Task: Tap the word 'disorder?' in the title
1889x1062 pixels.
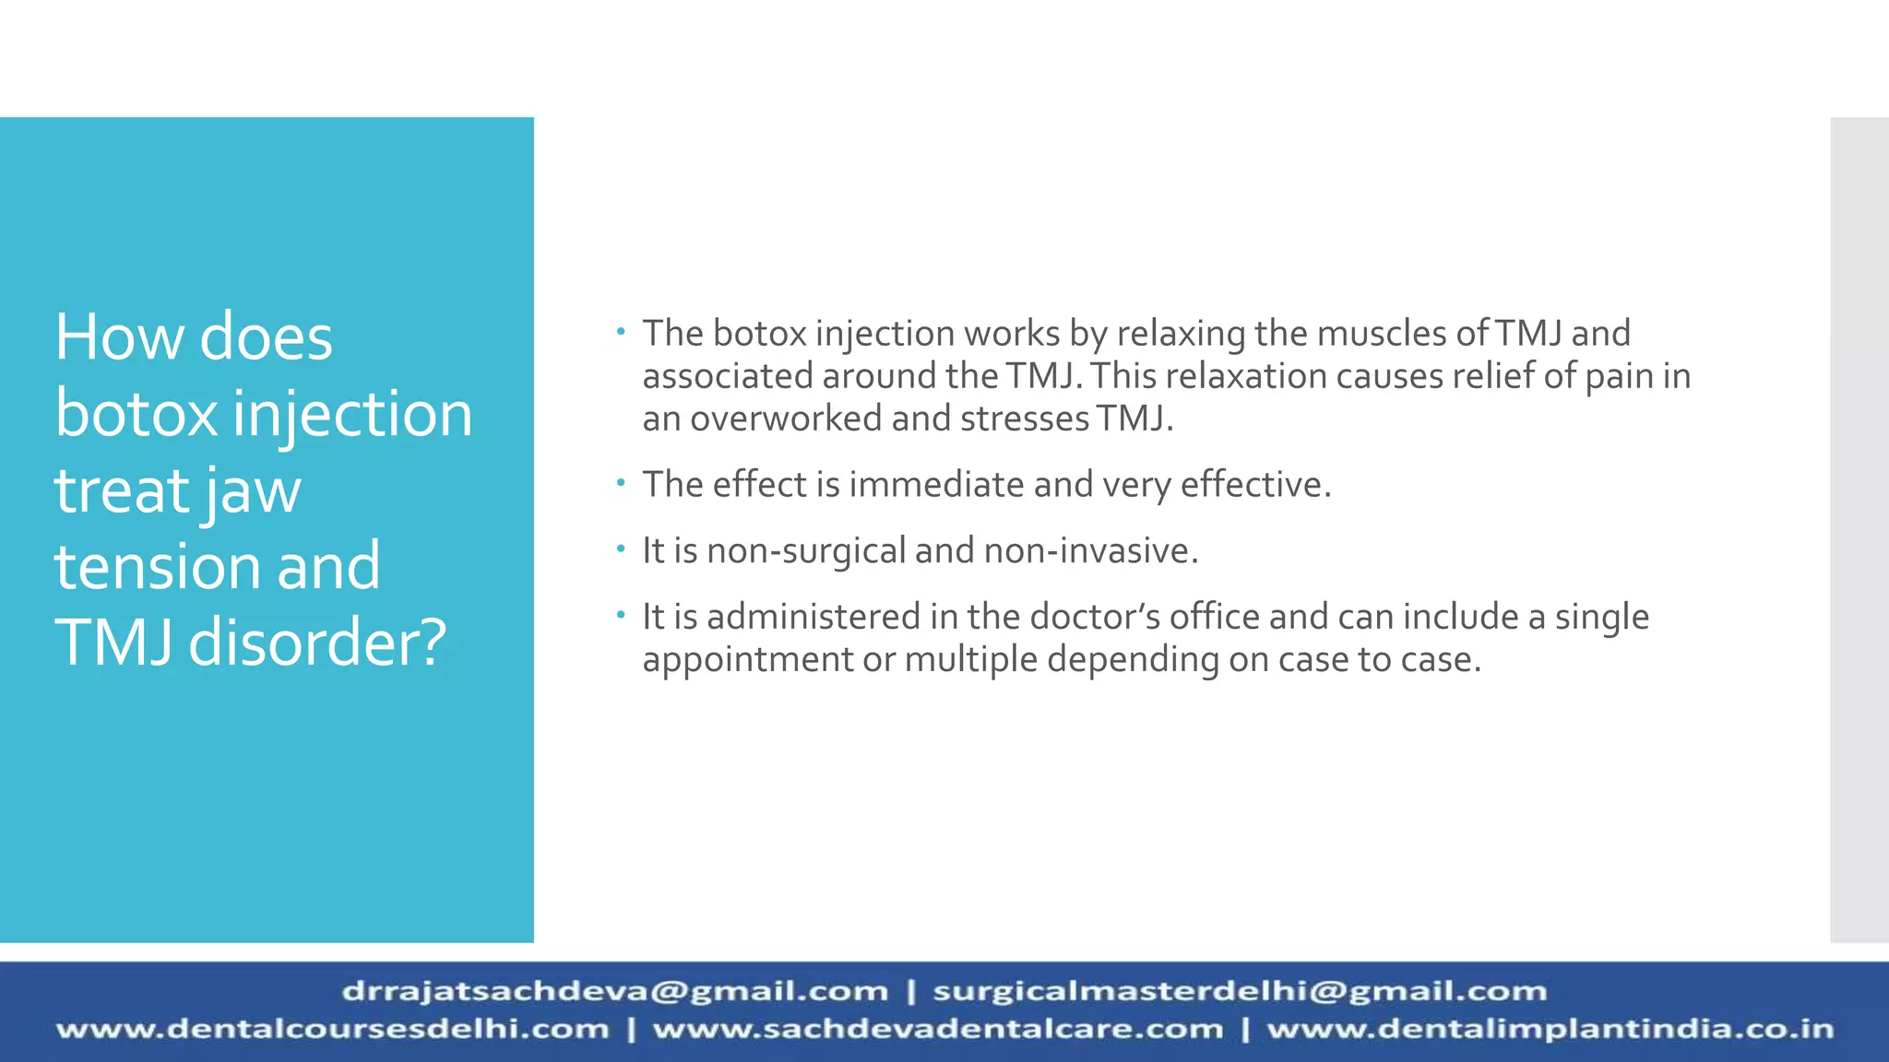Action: (x=317, y=643)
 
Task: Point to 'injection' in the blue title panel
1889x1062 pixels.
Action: (x=352, y=415)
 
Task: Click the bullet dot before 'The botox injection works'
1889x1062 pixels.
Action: (x=622, y=330)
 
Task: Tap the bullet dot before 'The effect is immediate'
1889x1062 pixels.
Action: (x=622, y=481)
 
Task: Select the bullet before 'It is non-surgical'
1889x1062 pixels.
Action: (x=622, y=548)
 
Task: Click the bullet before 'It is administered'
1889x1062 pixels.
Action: (x=622, y=613)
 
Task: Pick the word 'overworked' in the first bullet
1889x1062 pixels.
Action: (x=786, y=419)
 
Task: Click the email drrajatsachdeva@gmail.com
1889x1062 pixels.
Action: (x=614, y=991)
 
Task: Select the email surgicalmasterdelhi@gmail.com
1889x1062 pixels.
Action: (x=1239, y=991)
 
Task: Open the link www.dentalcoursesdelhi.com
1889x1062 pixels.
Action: (x=333, y=1029)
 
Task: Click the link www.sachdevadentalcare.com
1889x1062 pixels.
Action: (x=937, y=1029)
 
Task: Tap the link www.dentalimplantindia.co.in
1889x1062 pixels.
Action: (x=1550, y=1029)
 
